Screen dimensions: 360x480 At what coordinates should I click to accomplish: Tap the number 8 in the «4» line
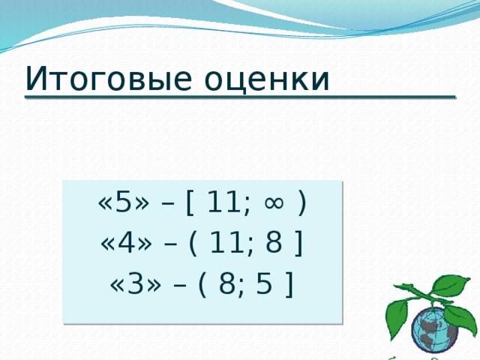coord(274,243)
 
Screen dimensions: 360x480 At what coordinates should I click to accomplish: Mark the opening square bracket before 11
coord(193,203)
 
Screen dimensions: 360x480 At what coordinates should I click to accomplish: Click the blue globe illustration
coord(435,330)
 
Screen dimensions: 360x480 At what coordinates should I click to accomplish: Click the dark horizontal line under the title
coord(240,97)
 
